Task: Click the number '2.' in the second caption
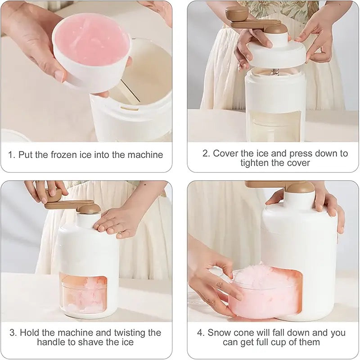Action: (x=206, y=153)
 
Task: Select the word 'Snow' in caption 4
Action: (x=219, y=333)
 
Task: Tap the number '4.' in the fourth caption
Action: (x=201, y=333)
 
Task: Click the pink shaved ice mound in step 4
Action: (x=256, y=281)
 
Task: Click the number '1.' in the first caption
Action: (x=12, y=155)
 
